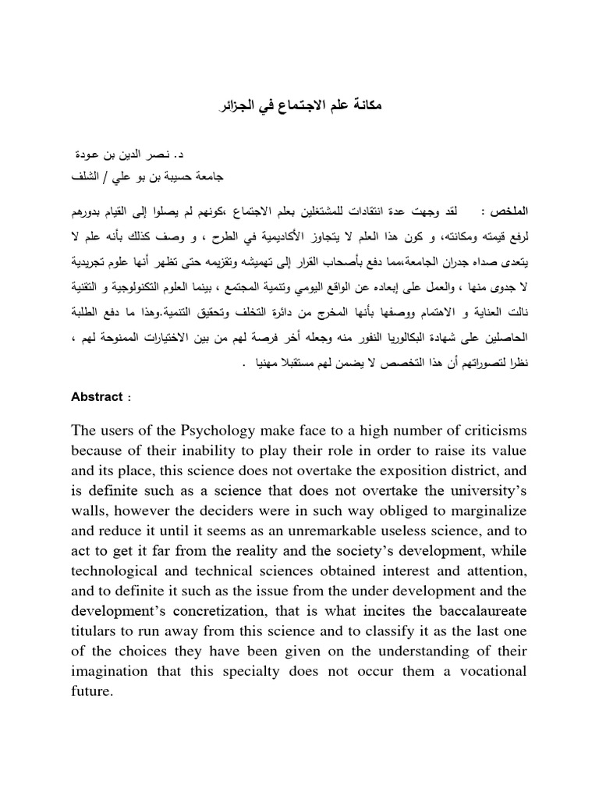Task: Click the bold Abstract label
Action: point(97,396)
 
